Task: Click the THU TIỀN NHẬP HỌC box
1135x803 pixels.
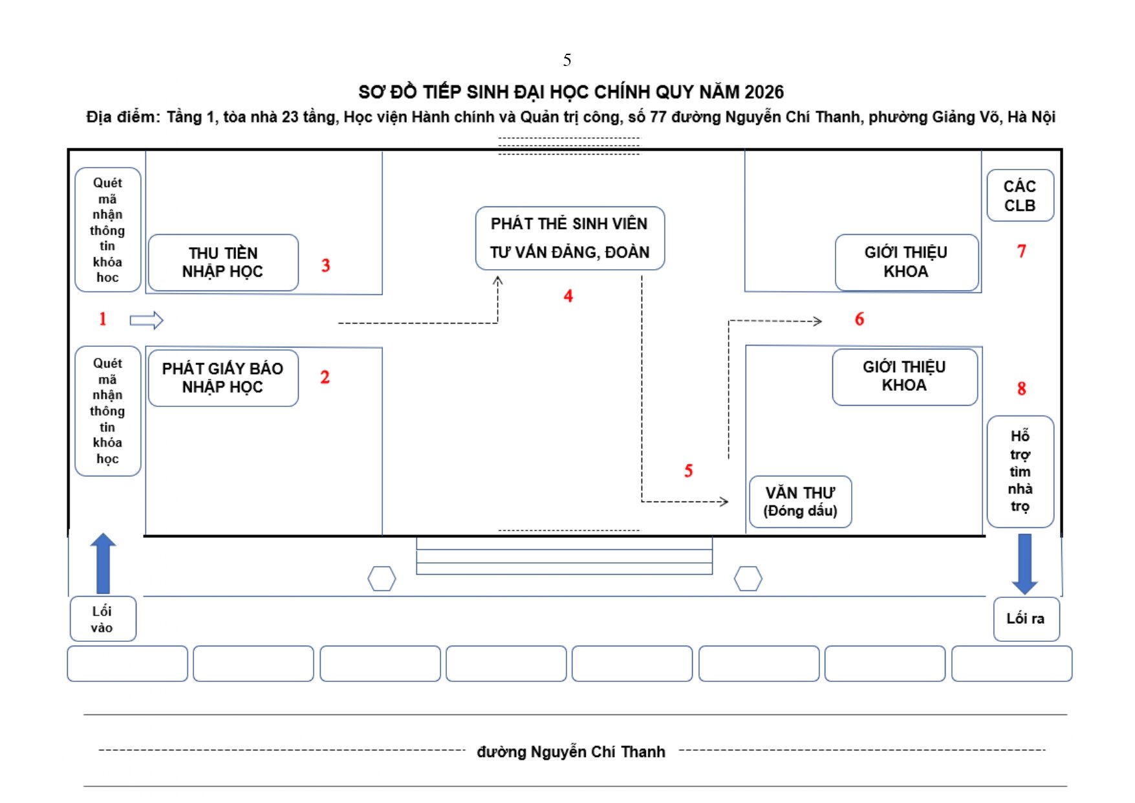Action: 223,263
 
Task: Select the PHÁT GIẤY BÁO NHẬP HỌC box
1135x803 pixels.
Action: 223,378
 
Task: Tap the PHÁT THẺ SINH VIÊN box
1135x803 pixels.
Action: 570,238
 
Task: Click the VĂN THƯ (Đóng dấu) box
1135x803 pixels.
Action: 800,501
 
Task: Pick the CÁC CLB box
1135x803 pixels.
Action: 1020,195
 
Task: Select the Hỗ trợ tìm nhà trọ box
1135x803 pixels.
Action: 1020,472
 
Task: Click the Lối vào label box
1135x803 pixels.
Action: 103,619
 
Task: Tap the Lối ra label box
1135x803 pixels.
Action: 1026,619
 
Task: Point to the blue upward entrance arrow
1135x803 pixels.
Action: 103,563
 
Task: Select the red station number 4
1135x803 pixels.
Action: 568,296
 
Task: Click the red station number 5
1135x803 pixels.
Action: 689,471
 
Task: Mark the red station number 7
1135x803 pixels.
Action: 1022,251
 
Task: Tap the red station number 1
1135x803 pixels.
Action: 102,318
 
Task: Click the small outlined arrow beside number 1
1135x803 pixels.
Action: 147,320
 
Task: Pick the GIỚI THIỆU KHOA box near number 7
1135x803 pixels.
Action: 906,262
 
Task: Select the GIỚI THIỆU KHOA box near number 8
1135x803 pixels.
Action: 905,377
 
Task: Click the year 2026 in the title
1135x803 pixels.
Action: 764,93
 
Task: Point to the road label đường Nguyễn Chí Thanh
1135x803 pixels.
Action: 571,752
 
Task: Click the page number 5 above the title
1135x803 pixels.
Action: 567,60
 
